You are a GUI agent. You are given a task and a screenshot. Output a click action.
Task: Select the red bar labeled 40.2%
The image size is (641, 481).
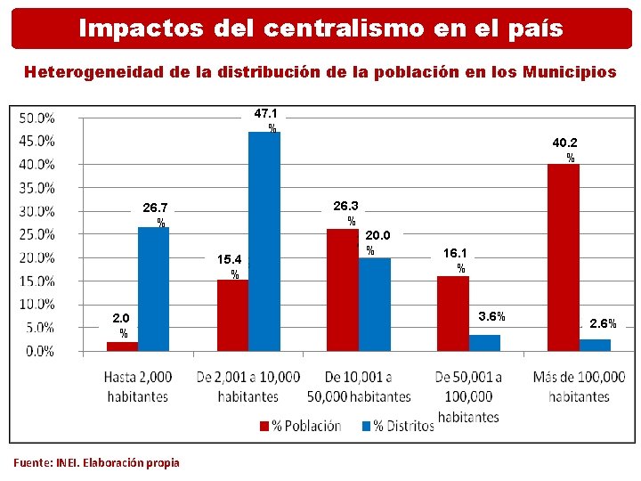click(563, 257)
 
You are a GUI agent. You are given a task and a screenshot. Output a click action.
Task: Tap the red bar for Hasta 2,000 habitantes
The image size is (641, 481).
click(122, 346)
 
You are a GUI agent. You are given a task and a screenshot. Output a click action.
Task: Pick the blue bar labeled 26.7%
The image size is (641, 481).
click(153, 289)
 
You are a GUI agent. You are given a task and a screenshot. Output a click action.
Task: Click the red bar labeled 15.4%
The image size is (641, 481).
click(232, 315)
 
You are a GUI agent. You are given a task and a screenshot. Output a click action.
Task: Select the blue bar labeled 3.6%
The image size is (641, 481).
click(484, 343)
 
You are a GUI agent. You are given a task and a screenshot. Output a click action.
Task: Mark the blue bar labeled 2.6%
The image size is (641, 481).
click(595, 345)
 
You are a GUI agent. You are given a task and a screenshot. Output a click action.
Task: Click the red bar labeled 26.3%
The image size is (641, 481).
click(342, 289)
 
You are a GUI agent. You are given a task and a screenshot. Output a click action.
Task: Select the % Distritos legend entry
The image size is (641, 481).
click(397, 426)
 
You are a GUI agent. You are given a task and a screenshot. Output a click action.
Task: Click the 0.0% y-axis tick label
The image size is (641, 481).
click(39, 351)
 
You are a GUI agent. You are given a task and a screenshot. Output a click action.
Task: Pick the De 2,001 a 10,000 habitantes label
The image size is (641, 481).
click(247, 387)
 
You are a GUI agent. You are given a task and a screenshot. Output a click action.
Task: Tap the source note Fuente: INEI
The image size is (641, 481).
click(96, 462)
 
